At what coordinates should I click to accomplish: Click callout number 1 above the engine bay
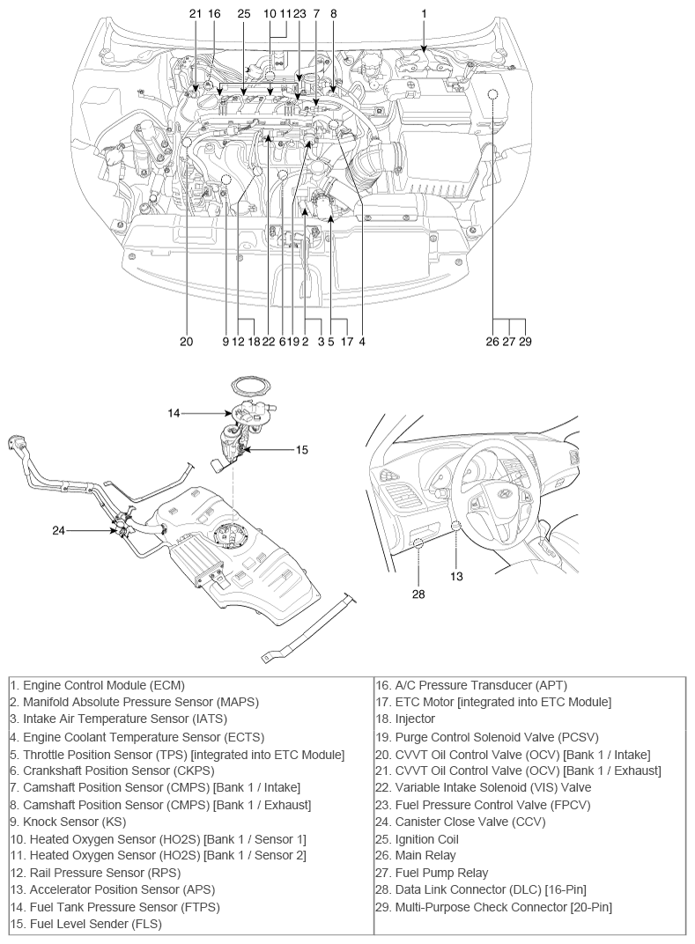point(424,14)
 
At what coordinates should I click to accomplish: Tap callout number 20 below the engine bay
point(186,341)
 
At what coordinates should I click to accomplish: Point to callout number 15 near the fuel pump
point(301,449)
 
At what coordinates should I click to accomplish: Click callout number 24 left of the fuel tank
point(58,530)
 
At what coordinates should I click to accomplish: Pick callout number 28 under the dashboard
point(418,594)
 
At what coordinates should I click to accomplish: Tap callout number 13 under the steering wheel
point(456,576)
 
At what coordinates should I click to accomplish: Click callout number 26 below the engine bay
point(492,341)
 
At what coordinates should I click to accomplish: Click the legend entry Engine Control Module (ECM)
point(97,685)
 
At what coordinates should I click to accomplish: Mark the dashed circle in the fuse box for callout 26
point(493,94)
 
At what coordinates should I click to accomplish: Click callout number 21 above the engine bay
point(195,14)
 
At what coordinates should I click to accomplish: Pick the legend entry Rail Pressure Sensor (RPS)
point(95,873)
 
